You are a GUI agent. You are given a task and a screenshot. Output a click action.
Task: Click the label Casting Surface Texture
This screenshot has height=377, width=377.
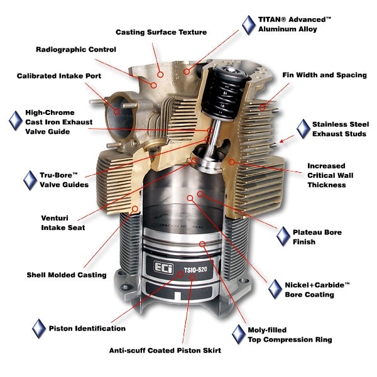point(161,32)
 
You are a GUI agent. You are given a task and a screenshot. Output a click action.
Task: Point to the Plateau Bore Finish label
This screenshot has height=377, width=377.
point(317,237)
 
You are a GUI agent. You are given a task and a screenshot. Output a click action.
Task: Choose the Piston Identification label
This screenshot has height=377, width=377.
point(87,328)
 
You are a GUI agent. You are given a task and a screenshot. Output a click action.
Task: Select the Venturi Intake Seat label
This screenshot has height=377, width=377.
point(62,222)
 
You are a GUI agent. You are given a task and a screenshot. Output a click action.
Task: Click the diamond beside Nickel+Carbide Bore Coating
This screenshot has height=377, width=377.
point(275,289)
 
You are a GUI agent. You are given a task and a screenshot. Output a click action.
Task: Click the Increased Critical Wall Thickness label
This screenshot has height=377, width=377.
point(327,175)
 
